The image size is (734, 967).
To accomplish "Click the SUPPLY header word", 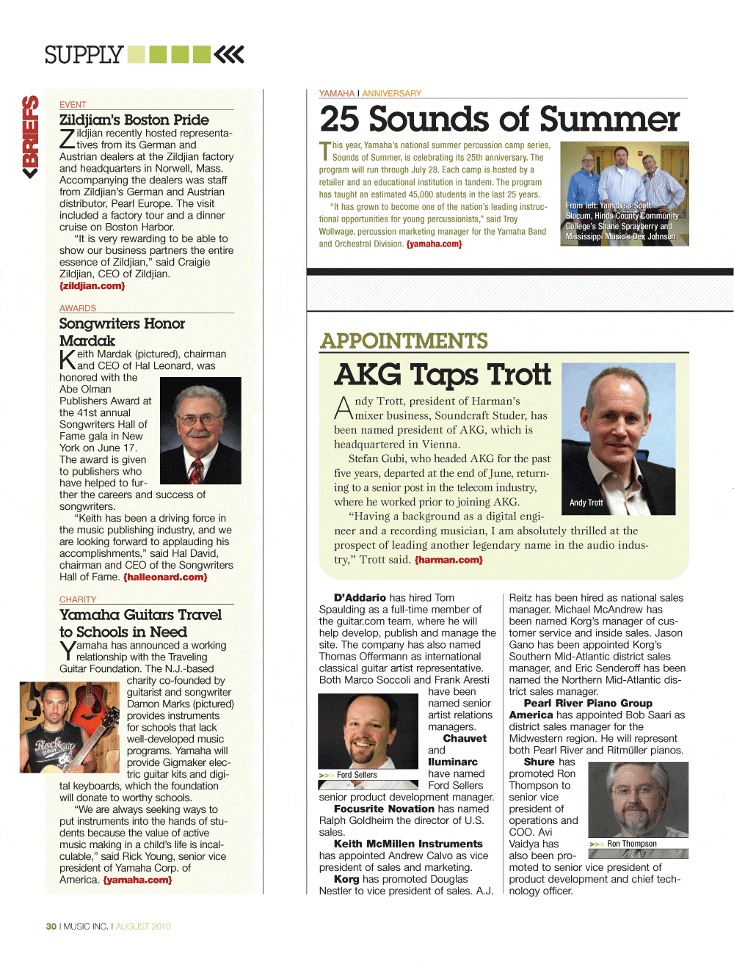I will (x=84, y=55).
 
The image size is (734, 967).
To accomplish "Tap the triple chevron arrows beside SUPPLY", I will (x=230, y=54).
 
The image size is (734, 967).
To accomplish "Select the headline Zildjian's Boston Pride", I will (x=134, y=120).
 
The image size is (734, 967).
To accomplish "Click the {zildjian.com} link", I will (x=92, y=286).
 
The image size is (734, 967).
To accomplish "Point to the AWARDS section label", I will (x=78, y=308).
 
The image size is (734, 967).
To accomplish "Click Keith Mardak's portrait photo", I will (x=200, y=431).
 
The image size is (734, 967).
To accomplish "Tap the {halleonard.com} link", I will (x=165, y=577).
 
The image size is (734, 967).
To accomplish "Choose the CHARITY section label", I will (x=78, y=599).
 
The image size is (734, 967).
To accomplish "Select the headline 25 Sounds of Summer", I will (x=500, y=119).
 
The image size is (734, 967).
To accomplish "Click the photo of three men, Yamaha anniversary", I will (x=624, y=193).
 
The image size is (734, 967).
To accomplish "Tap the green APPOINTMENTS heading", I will (x=404, y=341).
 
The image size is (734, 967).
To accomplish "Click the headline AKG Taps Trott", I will (x=443, y=374).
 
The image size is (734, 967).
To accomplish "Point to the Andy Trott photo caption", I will (x=586, y=503).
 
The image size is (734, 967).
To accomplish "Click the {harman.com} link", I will (x=448, y=560).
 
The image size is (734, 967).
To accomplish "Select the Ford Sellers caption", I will (x=357, y=775).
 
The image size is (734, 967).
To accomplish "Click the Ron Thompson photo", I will (x=638, y=800).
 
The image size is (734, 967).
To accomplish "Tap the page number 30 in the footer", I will (x=51, y=927).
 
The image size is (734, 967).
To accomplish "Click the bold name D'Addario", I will (x=360, y=598).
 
